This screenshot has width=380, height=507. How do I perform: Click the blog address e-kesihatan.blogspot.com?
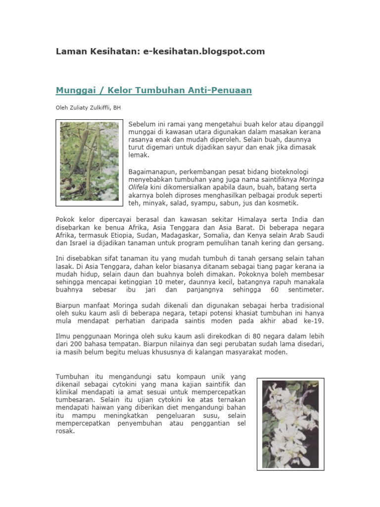(204, 51)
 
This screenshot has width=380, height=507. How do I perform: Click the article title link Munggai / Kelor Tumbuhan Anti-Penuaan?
(154, 91)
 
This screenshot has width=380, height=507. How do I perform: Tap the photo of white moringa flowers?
(290, 424)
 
